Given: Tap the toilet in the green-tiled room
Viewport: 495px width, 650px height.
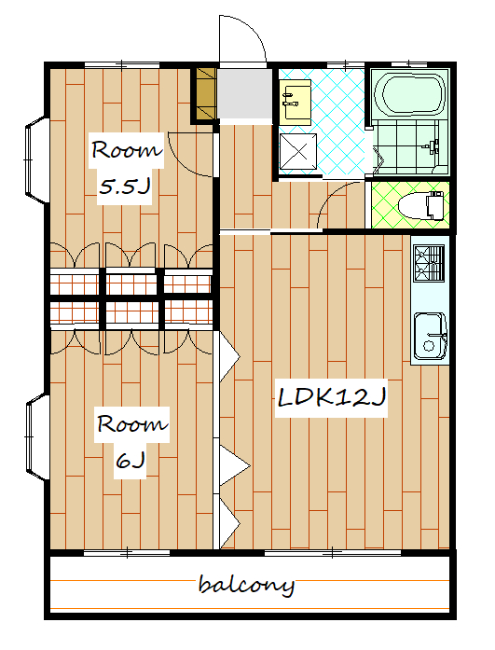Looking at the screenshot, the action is click(420, 205).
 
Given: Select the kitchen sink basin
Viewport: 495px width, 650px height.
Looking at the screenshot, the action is click(430, 336).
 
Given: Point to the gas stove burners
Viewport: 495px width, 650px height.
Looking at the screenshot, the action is click(429, 263).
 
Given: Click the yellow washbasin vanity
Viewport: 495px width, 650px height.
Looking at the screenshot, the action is click(295, 103).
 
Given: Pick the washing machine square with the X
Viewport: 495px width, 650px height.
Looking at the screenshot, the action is click(297, 151).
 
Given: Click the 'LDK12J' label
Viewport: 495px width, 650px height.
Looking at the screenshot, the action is click(332, 397).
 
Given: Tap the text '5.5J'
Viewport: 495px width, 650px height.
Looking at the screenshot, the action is click(124, 187).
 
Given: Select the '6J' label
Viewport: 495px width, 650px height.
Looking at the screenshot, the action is click(131, 460).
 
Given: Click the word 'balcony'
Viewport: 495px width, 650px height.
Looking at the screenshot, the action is click(246, 586).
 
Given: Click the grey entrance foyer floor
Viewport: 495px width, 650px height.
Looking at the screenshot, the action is click(245, 94).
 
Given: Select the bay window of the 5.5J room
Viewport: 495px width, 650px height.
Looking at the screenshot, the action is click(37, 159).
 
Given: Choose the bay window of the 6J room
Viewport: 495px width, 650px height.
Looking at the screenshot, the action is click(37, 436).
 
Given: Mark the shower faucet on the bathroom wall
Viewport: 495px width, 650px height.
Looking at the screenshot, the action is click(432, 145).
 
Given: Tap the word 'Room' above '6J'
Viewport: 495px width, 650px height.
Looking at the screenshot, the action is click(131, 423).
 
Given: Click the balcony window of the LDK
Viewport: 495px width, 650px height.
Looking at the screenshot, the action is click(333, 553).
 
